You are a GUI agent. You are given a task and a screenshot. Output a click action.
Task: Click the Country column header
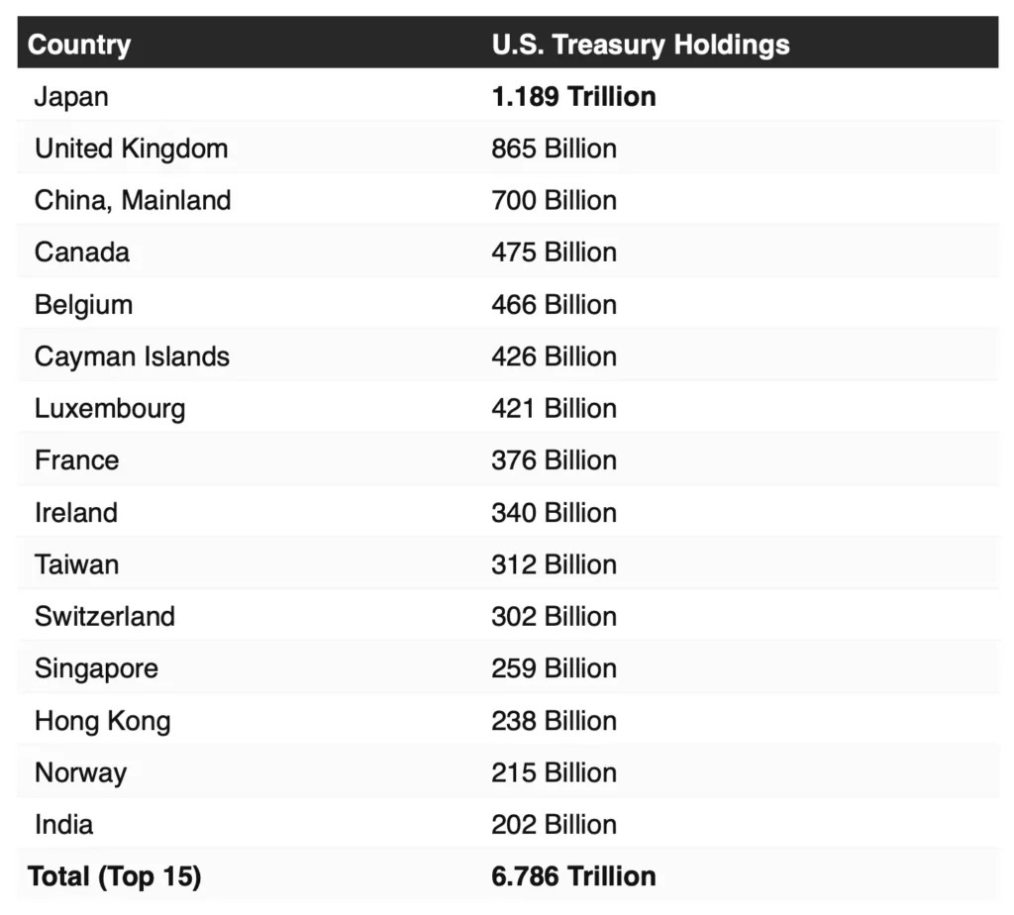[x=79, y=45]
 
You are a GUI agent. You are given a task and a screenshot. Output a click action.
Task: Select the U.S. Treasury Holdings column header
[x=640, y=45]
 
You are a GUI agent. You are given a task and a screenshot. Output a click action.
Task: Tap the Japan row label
[x=71, y=97]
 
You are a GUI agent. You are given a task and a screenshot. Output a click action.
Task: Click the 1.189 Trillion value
[x=573, y=97]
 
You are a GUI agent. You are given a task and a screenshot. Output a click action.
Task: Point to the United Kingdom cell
[x=131, y=149]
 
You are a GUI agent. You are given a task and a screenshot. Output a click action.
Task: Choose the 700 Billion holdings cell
[x=554, y=200]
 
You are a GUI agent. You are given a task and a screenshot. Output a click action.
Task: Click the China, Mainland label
[x=133, y=200]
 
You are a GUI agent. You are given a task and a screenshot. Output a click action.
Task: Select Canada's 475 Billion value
[x=554, y=252]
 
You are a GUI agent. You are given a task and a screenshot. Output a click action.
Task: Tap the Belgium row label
[x=83, y=304]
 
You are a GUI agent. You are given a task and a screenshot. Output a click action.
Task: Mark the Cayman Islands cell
[x=132, y=356]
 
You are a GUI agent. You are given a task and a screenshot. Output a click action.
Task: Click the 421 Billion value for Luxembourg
[x=554, y=408]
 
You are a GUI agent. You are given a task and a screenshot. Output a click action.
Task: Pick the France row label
[x=76, y=460]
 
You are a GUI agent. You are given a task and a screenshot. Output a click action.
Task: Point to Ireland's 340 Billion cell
[x=554, y=512]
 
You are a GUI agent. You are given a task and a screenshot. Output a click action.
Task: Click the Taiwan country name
[x=76, y=564]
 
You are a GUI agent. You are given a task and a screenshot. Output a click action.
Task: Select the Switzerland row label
[x=105, y=616]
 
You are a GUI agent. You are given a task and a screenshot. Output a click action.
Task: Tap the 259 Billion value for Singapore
[x=554, y=668]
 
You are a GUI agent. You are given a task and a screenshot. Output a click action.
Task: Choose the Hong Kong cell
[x=102, y=721]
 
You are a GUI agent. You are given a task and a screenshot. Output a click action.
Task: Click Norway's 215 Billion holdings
[x=554, y=772]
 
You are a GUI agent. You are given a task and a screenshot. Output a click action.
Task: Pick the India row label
[x=63, y=824]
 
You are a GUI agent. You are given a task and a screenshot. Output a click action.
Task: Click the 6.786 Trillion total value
[x=573, y=876]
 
